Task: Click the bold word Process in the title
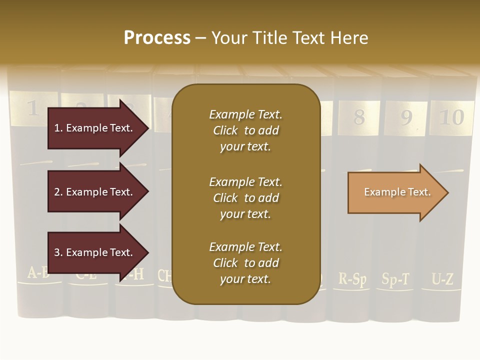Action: [157, 38]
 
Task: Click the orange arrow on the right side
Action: [395, 192]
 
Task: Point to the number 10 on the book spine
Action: [451, 117]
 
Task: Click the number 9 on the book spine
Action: [406, 117]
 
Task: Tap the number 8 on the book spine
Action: [359, 117]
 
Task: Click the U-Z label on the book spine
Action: [442, 279]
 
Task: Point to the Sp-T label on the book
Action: [395, 279]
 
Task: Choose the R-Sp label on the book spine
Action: [352, 278]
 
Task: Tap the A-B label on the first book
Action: [38, 273]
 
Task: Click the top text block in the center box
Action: [245, 130]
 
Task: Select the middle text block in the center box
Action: [245, 198]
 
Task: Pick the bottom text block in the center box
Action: [245, 263]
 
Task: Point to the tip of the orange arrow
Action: [447, 192]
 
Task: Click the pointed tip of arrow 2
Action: [147, 191]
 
